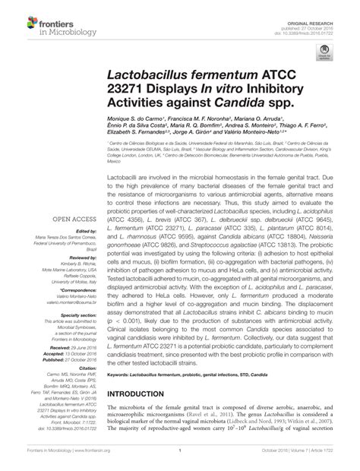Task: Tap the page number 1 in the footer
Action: (x=178, y=460)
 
